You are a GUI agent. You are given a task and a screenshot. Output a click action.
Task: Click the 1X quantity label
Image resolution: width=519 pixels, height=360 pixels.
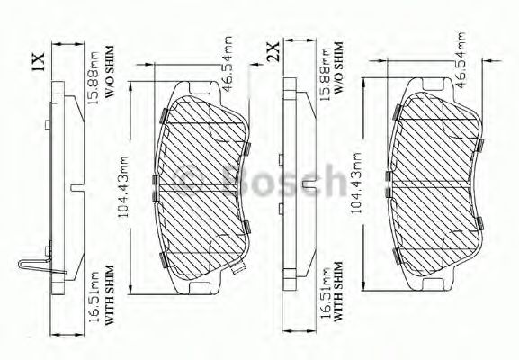click(x=37, y=60)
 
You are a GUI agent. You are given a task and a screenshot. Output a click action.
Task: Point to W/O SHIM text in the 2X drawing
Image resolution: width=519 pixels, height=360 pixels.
click(x=337, y=66)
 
